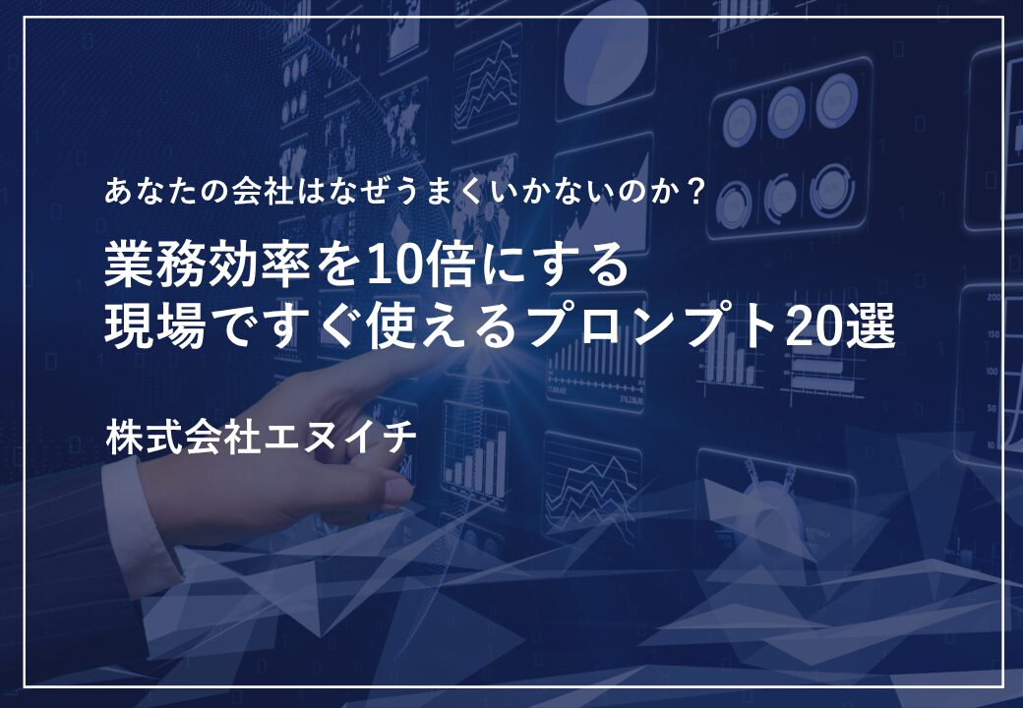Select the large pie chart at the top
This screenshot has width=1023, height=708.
point(605,62)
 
